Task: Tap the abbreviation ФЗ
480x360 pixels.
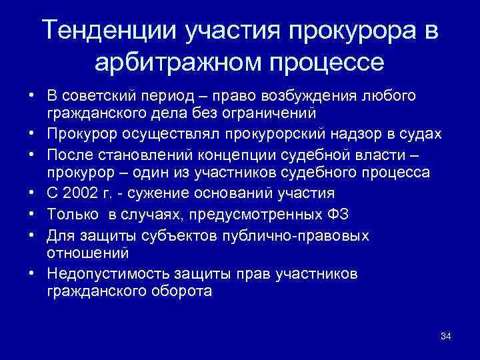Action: click(340, 213)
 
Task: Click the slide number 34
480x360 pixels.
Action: click(446, 335)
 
